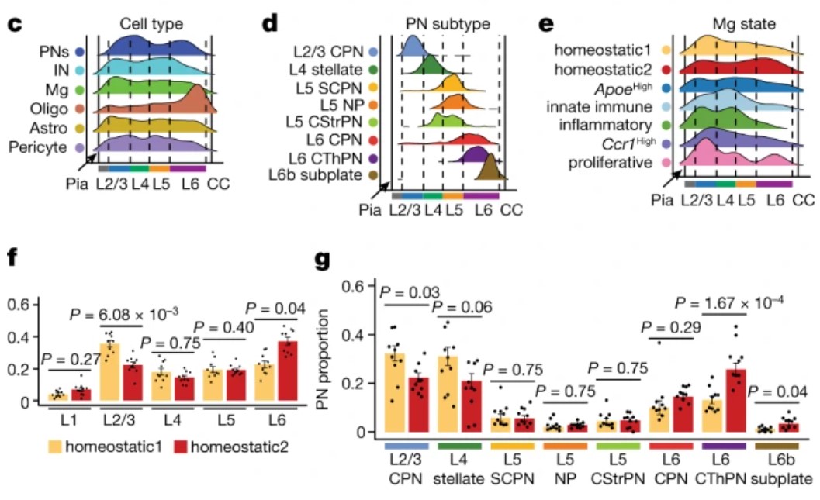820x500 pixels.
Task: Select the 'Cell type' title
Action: coord(147,24)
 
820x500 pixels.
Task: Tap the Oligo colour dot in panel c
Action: coord(81,109)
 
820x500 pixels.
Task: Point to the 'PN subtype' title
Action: coord(448,24)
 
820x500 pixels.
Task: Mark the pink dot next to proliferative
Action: coord(666,163)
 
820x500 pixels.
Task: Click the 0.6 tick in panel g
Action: coord(356,287)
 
